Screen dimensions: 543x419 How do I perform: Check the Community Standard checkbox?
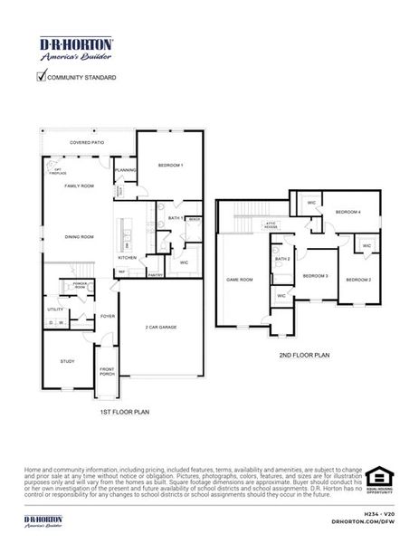tap(41, 77)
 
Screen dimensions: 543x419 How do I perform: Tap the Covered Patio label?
tap(88, 143)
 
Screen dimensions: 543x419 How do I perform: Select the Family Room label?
tap(79, 186)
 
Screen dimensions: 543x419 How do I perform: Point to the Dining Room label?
tap(79, 237)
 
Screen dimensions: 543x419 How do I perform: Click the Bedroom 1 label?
tap(170, 166)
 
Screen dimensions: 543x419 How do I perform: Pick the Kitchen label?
tap(127, 258)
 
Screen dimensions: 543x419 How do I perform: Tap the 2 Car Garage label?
tap(161, 327)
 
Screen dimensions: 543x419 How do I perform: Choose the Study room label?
tap(68, 361)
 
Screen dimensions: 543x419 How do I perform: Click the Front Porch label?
tap(108, 371)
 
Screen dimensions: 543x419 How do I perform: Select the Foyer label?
tap(108, 317)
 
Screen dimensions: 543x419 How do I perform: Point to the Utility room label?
tap(55, 310)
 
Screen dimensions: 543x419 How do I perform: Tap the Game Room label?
tap(239, 280)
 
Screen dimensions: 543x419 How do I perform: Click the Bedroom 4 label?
tap(348, 212)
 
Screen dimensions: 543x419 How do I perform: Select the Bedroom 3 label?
tap(315, 275)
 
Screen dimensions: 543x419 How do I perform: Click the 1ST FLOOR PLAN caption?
tap(124, 412)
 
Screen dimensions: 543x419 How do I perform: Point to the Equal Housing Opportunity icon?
tap(379, 479)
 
